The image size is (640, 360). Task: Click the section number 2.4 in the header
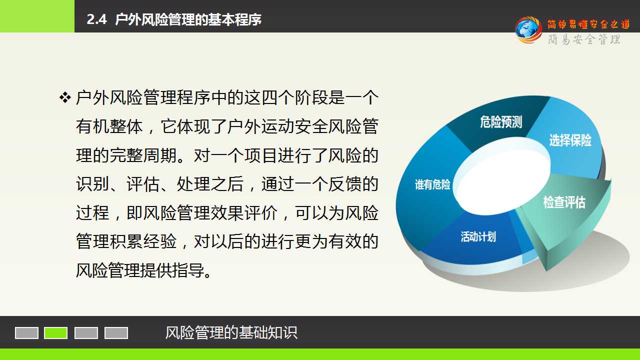[96, 19]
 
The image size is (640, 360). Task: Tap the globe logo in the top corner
[528, 29]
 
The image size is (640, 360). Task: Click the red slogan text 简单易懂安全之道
[589, 24]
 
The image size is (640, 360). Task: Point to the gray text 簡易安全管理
[584, 39]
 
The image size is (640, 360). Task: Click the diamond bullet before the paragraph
[65, 97]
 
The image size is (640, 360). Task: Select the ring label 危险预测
[501, 122]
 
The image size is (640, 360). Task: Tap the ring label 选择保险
[570, 140]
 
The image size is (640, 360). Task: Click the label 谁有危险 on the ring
[432, 184]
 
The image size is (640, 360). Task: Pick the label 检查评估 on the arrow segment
[564, 202]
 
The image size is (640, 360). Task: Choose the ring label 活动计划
[478, 237]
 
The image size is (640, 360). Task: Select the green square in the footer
[55, 333]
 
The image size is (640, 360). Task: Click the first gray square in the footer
[26, 333]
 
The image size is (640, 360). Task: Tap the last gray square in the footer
[116, 333]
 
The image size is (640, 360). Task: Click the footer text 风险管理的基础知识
[231, 332]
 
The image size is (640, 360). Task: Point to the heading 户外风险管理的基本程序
[188, 19]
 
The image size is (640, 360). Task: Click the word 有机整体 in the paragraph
[109, 126]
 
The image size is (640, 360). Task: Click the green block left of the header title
[37, 16]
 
